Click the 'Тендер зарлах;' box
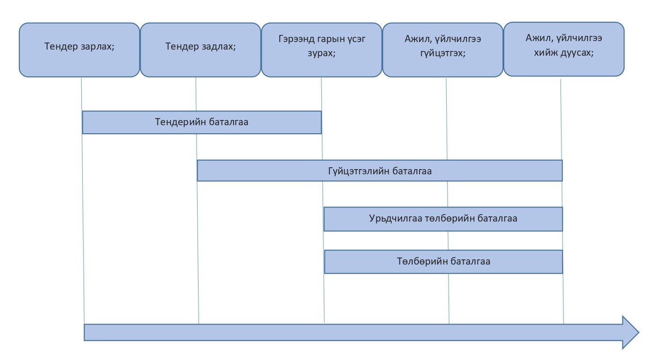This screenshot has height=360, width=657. pyautogui.click(x=79, y=50)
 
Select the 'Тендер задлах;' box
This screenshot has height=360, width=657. pyautogui.click(x=200, y=50)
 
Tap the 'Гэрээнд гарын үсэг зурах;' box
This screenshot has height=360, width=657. pyautogui.click(x=321, y=50)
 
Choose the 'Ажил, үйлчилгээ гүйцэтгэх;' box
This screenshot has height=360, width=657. pyautogui.click(x=442, y=50)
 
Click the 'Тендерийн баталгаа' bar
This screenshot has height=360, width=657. pyautogui.click(x=202, y=122)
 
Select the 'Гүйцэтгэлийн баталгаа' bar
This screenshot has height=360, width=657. pyautogui.click(x=380, y=171)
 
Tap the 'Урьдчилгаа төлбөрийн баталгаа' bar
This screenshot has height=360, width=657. pyautogui.click(x=443, y=219)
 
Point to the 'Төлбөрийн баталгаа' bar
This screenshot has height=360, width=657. pyautogui.click(x=443, y=262)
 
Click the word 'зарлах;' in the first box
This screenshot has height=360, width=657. pyautogui.click(x=98, y=47)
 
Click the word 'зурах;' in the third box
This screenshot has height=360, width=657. pyautogui.click(x=321, y=54)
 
